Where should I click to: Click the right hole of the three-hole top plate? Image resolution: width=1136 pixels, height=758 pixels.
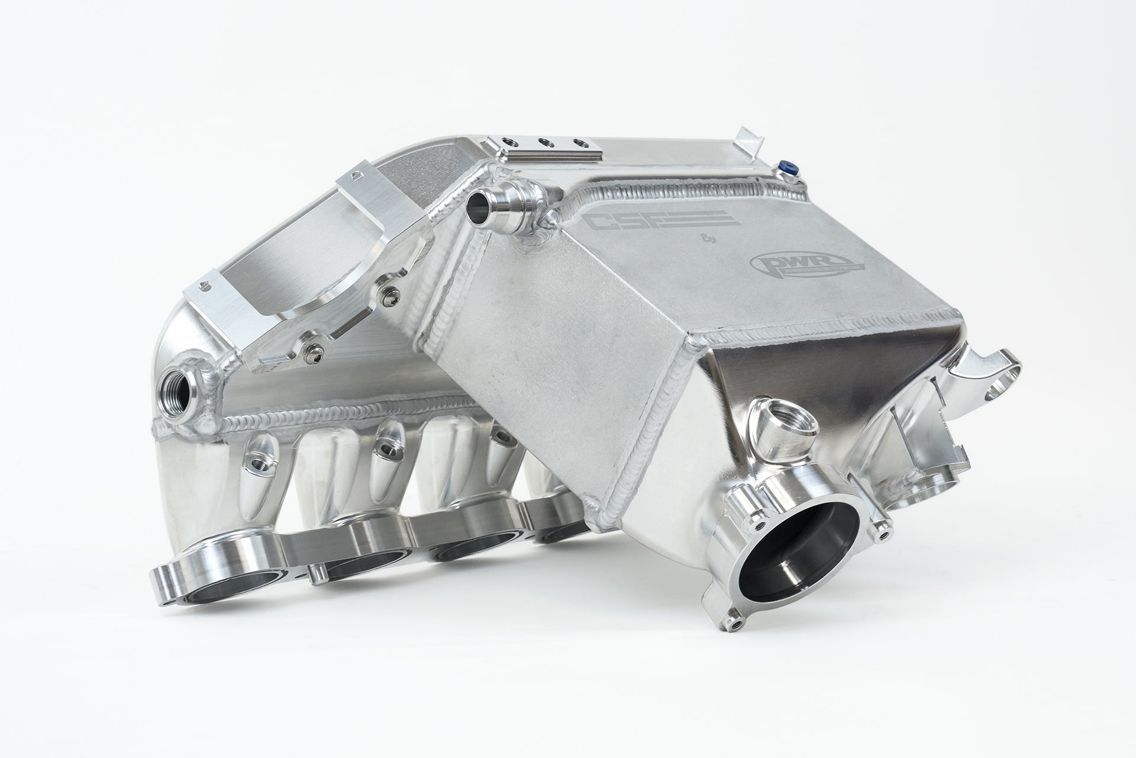point(574,143)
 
